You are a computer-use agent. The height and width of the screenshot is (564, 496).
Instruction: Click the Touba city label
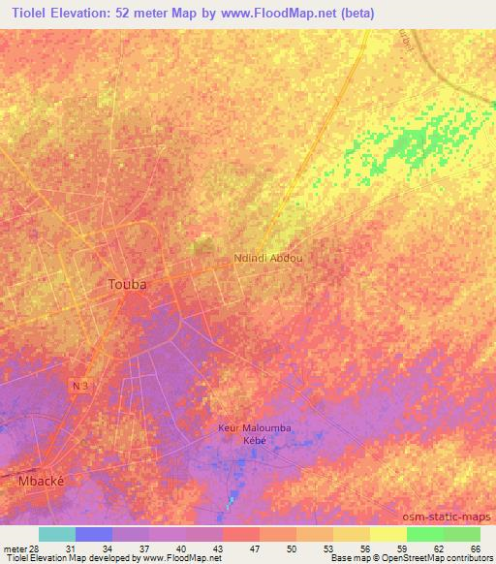(x=126, y=285)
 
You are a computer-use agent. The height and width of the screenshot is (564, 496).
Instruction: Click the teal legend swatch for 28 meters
(x=57, y=534)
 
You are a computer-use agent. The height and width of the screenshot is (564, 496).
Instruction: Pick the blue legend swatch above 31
(x=94, y=534)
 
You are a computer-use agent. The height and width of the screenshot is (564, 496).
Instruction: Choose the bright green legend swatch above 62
(x=424, y=534)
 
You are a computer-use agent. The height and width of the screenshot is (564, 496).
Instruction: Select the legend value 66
(x=474, y=548)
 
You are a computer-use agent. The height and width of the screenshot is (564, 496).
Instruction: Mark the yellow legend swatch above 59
(x=387, y=534)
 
